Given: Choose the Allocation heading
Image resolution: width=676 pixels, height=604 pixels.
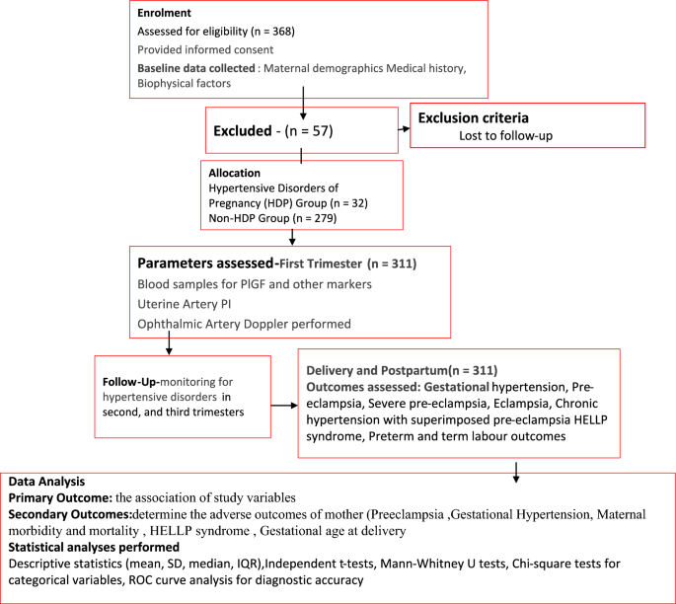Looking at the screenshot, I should (236, 172).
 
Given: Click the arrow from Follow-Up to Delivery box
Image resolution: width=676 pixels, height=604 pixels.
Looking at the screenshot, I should (284, 405).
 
